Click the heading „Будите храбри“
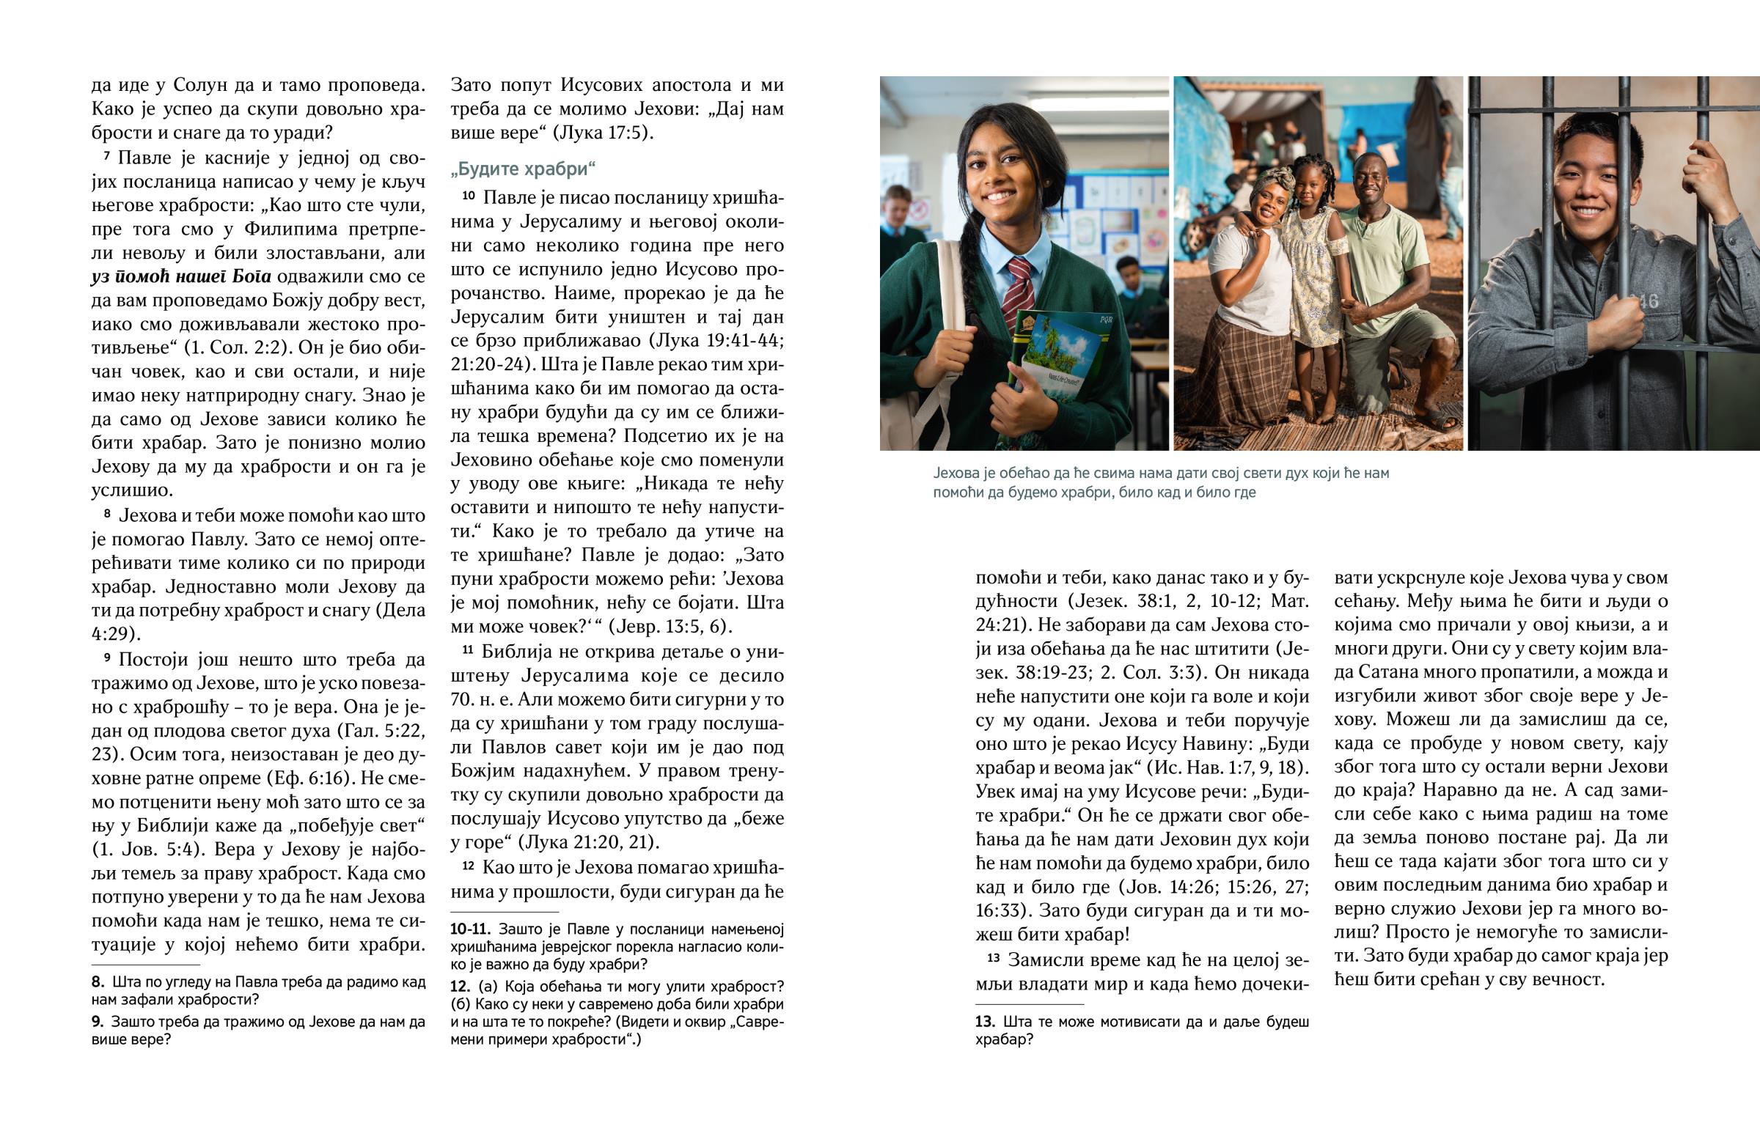[522, 169]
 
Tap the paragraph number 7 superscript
[106, 155]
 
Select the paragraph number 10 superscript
[469, 196]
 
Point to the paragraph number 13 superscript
[993, 958]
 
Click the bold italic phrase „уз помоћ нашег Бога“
[180, 277]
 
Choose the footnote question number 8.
[98, 982]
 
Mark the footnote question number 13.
[985, 1022]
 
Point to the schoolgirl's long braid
[959, 279]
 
